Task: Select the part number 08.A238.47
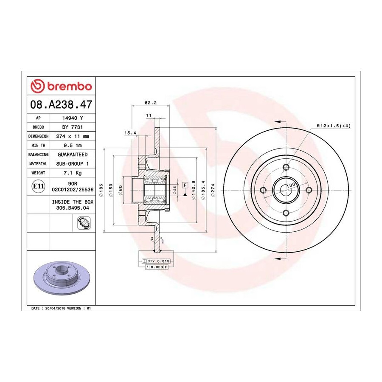tap(61, 104)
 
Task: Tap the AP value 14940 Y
tap(73, 118)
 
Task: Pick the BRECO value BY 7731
tap(73, 127)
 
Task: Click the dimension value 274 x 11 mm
tap(73, 136)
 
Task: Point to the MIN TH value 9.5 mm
tap(73, 146)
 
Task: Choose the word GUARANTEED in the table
tap(73, 154)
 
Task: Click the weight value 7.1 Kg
tap(73, 173)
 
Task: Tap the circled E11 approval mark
tap(38, 186)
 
